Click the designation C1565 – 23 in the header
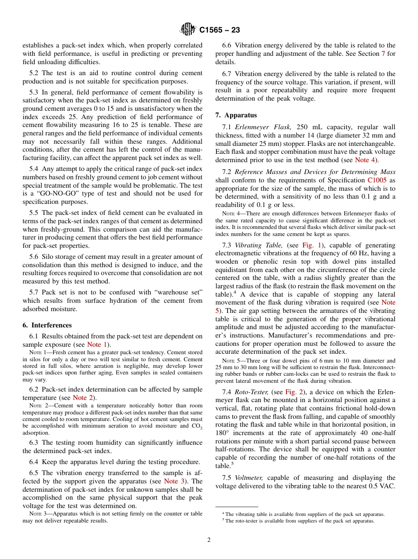(219, 30)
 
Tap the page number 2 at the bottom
(209, 540)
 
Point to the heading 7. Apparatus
(236, 115)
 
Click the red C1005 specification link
(375, 180)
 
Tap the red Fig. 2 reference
(294, 392)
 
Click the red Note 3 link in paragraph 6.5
(174, 481)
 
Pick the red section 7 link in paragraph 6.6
(383, 54)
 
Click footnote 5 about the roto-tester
(299, 521)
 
